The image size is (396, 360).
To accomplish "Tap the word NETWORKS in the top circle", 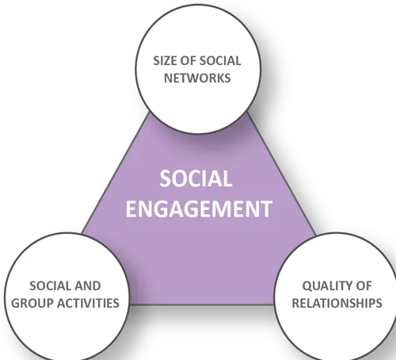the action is tap(197, 78).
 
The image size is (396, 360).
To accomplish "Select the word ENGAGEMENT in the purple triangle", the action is tap(199, 209).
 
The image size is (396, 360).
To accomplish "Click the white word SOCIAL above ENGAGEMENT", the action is tap(196, 178).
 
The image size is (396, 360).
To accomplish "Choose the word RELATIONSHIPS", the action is tap(337, 303).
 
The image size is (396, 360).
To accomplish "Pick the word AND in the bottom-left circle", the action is tap(88, 286).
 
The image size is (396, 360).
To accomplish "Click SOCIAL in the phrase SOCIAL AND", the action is tap(51, 286).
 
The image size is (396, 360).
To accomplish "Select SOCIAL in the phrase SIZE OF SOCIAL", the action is tap(220, 61).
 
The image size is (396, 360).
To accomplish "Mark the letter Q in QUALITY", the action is tap(307, 286).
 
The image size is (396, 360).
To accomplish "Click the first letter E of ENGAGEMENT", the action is tap(131, 209).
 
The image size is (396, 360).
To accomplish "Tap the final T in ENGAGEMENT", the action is tap(266, 209).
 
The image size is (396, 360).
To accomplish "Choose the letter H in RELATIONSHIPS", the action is tap(360, 303).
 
